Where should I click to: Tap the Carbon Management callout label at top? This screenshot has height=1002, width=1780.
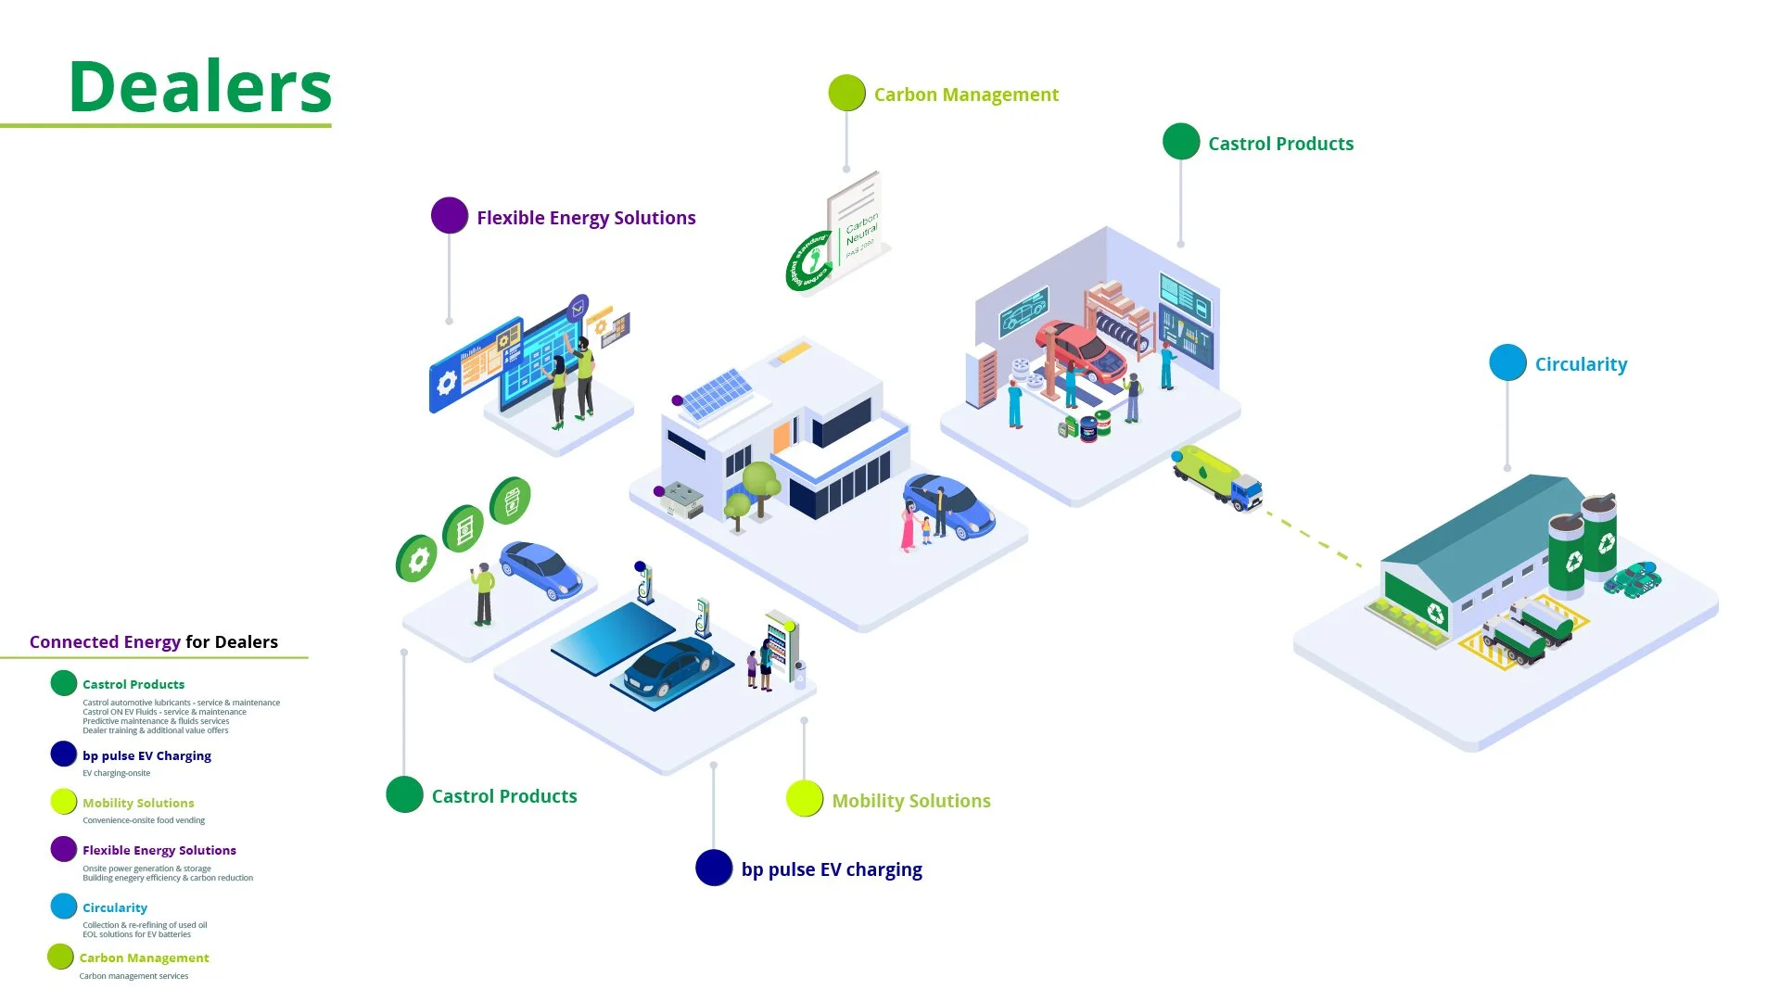(965, 95)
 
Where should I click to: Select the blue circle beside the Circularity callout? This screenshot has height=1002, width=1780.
(1507, 362)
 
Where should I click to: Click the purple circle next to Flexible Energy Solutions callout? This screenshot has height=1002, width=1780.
(450, 216)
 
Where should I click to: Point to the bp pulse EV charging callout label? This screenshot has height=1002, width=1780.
(831, 869)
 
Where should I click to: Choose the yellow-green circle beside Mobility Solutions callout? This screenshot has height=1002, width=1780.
(805, 799)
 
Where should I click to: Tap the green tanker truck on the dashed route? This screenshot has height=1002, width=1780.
(1215, 476)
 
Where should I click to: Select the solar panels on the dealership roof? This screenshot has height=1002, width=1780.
(717, 393)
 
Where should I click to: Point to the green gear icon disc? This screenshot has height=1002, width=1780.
(416, 559)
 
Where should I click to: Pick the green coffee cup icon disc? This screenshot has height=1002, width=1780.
(510, 501)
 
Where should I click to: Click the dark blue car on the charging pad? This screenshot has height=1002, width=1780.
(669, 666)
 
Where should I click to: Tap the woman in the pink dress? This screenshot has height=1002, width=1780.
(909, 526)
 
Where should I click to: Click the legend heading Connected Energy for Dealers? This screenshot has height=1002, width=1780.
(153, 641)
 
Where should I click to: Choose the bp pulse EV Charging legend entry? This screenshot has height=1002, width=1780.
(146, 755)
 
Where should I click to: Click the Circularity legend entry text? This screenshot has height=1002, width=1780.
(115, 907)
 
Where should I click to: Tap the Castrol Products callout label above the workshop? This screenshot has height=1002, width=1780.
(1279, 144)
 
